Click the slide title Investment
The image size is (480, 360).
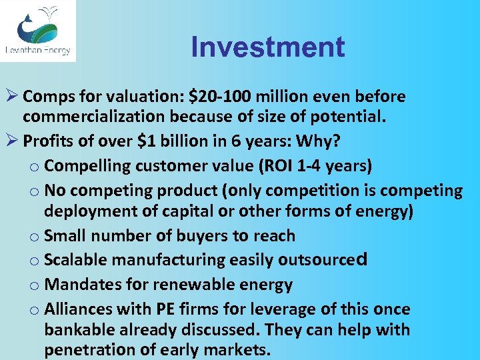(267, 47)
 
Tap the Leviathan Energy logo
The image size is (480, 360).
(38, 31)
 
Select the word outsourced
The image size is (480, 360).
(323, 260)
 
